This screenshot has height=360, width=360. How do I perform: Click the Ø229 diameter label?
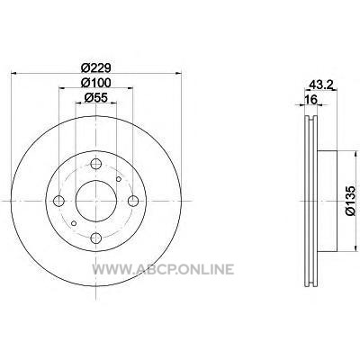[96, 67]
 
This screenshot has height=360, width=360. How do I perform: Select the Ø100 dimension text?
[96, 83]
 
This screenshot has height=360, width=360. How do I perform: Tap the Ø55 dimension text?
[96, 97]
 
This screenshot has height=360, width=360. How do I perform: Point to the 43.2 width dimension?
[321, 85]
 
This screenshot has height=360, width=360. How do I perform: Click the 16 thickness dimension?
[310, 100]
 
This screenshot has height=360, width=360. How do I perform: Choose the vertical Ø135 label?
[350, 201]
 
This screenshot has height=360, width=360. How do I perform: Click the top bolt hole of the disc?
[96, 164]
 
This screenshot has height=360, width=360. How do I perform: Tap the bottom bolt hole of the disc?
[96, 238]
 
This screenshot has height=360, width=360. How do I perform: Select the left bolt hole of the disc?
[58, 201]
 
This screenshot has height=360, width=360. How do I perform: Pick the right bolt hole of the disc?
[133, 201]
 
